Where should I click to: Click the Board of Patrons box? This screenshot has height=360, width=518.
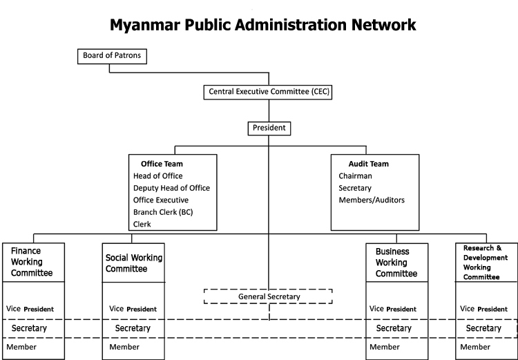pyautogui.click(x=112, y=56)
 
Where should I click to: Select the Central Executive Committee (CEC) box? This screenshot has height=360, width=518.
pyautogui.click(x=268, y=92)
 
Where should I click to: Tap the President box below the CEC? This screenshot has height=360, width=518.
pyautogui.click(x=269, y=129)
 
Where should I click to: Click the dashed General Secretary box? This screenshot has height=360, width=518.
pyautogui.click(x=268, y=296)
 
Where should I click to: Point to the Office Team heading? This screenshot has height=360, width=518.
pyautogui.click(x=162, y=164)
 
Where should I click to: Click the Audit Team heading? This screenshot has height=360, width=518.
pyautogui.click(x=368, y=164)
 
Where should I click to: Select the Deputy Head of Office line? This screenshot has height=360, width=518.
pyautogui.click(x=171, y=188)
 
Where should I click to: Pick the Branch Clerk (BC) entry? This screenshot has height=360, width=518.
pyautogui.click(x=163, y=212)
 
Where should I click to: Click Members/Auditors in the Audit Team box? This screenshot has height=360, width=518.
pyautogui.click(x=372, y=200)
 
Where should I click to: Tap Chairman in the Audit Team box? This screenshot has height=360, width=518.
pyautogui.click(x=355, y=176)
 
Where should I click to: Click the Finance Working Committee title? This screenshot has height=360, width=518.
pyautogui.click(x=32, y=262)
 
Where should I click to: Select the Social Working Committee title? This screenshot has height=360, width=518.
pyautogui.click(x=134, y=263)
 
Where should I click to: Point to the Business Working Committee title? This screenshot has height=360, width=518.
pyautogui.click(x=396, y=263)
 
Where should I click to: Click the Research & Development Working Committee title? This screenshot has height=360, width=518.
pyautogui.click(x=486, y=263)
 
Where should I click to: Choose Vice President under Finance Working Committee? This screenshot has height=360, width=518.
pyautogui.click(x=30, y=309)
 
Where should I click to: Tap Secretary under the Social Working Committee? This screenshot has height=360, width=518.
pyautogui.click(x=133, y=328)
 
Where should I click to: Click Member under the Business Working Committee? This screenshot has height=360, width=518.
pyautogui.click(x=385, y=347)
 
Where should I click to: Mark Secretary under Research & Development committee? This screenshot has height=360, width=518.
pyautogui.click(x=483, y=328)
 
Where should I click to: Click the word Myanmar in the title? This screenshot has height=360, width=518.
pyautogui.click(x=145, y=26)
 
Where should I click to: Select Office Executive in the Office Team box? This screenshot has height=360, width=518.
pyautogui.click(x=161, y=200)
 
